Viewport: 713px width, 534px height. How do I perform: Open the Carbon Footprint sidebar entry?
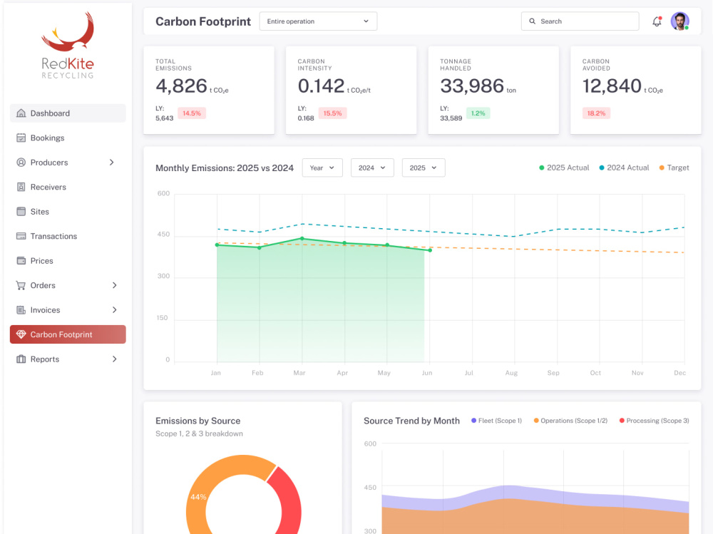(x=68, y=334)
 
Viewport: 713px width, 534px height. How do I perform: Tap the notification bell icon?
(x=657, y=21)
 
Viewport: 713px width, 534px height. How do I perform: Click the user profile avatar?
(x=679, y=21)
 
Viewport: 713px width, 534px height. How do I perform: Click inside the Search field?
(x=580, y=21)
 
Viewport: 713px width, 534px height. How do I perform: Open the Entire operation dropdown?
(x=318, y=21)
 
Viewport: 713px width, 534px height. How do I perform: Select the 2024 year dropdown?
(x=372, y=168)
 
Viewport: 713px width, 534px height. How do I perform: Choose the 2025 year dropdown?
(x=424, y=168)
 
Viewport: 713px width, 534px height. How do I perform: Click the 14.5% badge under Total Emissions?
(x=191, y=113)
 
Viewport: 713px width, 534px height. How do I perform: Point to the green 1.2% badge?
(x=478, y=113)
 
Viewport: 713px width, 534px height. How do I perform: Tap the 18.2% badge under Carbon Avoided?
(x=596, y=113)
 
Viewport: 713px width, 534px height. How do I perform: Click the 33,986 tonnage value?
(x=472, y=86)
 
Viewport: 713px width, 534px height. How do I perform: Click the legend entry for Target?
(x=674, y=168)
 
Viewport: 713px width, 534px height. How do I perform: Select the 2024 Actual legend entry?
(x=624, y=168)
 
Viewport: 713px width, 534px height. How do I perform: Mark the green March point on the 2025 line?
(x=302, y=239)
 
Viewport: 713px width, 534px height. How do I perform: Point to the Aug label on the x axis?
(x=511, y=373)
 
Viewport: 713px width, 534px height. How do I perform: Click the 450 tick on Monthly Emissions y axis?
(x=163, y=235)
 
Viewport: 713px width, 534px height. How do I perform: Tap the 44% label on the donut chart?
(x=198, y=497)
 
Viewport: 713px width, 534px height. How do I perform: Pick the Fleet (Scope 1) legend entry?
(x=496, y=421)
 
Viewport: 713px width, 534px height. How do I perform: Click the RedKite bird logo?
(x=68, y=32)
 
